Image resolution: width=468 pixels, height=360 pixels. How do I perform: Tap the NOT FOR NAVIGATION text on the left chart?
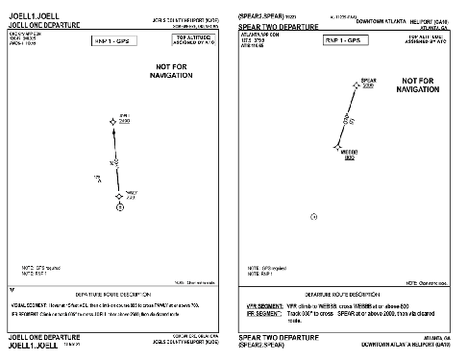point(176,71)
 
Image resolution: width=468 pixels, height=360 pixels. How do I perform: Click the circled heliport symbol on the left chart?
point(120,206)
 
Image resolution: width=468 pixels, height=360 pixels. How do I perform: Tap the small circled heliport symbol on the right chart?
point(314,218)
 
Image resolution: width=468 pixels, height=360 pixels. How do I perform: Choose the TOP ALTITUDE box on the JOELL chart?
point(194,39)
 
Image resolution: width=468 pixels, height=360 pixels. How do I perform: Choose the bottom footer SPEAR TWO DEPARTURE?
point(275,338)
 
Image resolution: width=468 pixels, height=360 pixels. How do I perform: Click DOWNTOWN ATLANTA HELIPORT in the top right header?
point(396,20)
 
